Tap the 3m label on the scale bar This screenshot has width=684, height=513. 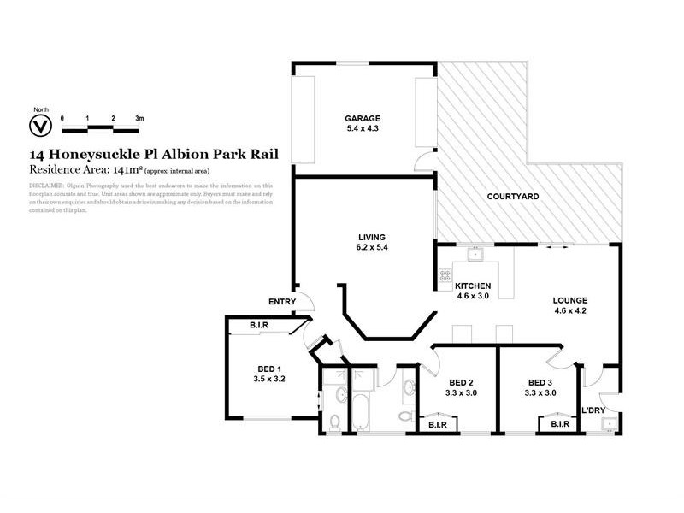(139, 117)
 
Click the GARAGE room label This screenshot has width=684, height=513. (363, 118)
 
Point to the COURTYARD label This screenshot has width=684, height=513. (512, 197)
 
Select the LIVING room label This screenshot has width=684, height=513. (372, 237)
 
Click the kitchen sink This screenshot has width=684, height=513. (479, 253)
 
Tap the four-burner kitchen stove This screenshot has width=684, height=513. (445, 275)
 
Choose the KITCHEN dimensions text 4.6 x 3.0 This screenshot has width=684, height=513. (472, 297)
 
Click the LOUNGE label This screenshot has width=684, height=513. (570, 300)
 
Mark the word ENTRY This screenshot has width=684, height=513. (281, 301)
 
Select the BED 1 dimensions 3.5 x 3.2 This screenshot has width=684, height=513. (269, 377)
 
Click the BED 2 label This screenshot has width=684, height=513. (461, 382)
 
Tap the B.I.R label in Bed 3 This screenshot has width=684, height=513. (560, 424)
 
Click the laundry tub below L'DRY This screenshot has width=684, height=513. (608, 427)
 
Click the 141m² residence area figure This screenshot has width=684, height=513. (110, 170)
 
